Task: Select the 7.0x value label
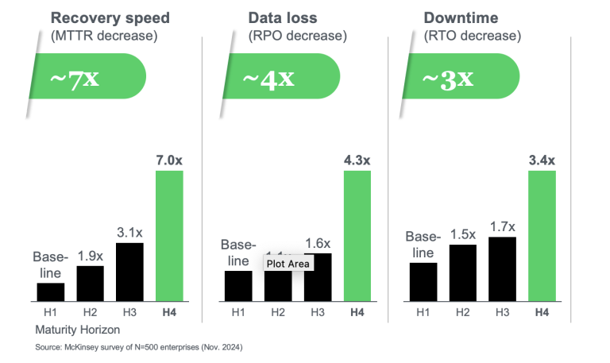(168, 160)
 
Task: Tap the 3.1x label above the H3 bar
(130, 232)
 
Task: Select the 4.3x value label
(357, 160)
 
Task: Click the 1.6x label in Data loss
(318, 243)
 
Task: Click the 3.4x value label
(542, 160)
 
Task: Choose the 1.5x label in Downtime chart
(462, 234)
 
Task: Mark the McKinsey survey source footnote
(139, 348)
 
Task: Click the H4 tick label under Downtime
(542, 312)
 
